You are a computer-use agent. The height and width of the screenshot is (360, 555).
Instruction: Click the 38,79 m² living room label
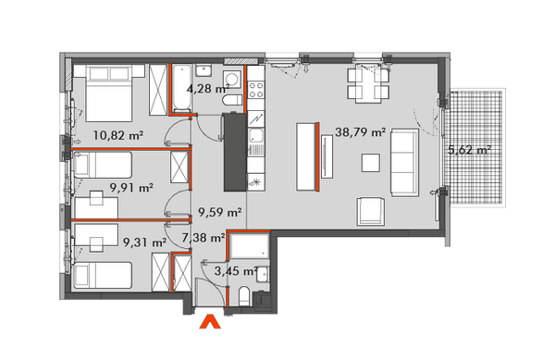[x=360, y=132]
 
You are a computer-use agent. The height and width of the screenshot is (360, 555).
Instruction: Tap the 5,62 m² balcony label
[x=469, y=150]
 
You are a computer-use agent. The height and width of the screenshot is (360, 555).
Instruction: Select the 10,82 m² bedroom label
[x=118, y=135]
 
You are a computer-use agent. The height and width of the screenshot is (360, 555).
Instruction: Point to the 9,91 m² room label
[x=131, y=187]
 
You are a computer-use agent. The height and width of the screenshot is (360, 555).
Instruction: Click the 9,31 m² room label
[x=145, y=242]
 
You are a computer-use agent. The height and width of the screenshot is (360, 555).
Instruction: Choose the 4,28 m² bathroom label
[x=208, y=88]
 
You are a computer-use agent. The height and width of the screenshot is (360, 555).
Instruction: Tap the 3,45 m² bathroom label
[x=236, y=271]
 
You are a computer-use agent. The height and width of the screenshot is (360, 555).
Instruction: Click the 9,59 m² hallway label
[x=220, y=212]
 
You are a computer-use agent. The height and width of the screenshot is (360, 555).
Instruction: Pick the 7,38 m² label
[x=203, y=238]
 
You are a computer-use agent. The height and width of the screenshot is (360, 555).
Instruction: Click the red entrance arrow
[x=210, y=322]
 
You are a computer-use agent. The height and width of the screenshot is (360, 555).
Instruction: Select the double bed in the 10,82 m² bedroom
[x=108, y=93]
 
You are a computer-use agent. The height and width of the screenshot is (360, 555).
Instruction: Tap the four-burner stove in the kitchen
[x=256, y=90]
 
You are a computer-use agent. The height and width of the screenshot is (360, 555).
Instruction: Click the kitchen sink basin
[x=255, y=136]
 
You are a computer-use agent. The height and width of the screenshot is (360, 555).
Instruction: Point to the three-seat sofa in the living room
[x=404, y=163]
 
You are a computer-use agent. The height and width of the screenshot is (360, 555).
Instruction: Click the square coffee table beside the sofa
[x=371, y=163]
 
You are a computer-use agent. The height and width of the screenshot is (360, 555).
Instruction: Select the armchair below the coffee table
[x=371, y=211]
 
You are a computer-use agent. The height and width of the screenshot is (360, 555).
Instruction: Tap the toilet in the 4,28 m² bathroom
[x=232, y=101]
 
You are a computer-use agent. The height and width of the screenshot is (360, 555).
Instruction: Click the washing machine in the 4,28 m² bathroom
[x=232, y=79]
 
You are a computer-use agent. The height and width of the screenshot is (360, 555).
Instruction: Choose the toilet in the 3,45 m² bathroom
[x=244, y=297]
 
